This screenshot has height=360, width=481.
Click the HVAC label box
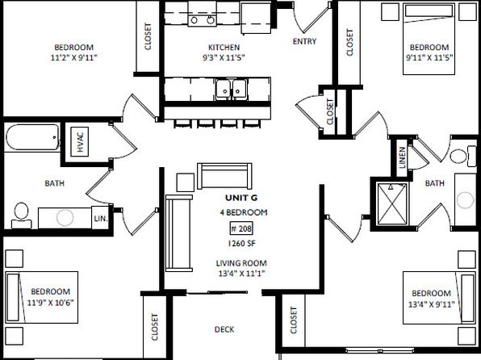pos(80,141)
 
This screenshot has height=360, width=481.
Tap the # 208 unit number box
pos(242,228)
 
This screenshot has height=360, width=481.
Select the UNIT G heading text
pos(241,198)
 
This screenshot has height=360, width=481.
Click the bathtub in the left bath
pos(32,137)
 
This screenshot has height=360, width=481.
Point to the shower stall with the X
pos(392,203)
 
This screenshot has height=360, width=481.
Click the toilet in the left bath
pos(22,216)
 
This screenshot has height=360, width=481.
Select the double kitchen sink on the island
pos(231,90)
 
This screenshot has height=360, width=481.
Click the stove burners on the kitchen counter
pos(202,20)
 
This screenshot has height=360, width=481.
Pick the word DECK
pos(224,329)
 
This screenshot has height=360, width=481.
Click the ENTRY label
pos(304,41)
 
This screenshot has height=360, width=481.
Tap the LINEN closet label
pos(402,157)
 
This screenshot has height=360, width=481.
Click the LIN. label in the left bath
pos(101,219)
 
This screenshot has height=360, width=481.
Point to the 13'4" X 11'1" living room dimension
pos(242,273)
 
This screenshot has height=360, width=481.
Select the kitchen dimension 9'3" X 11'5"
pos(224,57)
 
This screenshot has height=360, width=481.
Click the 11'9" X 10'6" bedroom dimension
pos(51,303)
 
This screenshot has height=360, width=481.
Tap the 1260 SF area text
pos(242,244)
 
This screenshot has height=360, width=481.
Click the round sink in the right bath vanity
pos(466,200)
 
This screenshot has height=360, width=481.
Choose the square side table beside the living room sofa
pos(186,182)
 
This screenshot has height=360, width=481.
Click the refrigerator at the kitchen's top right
pos(256,19)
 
